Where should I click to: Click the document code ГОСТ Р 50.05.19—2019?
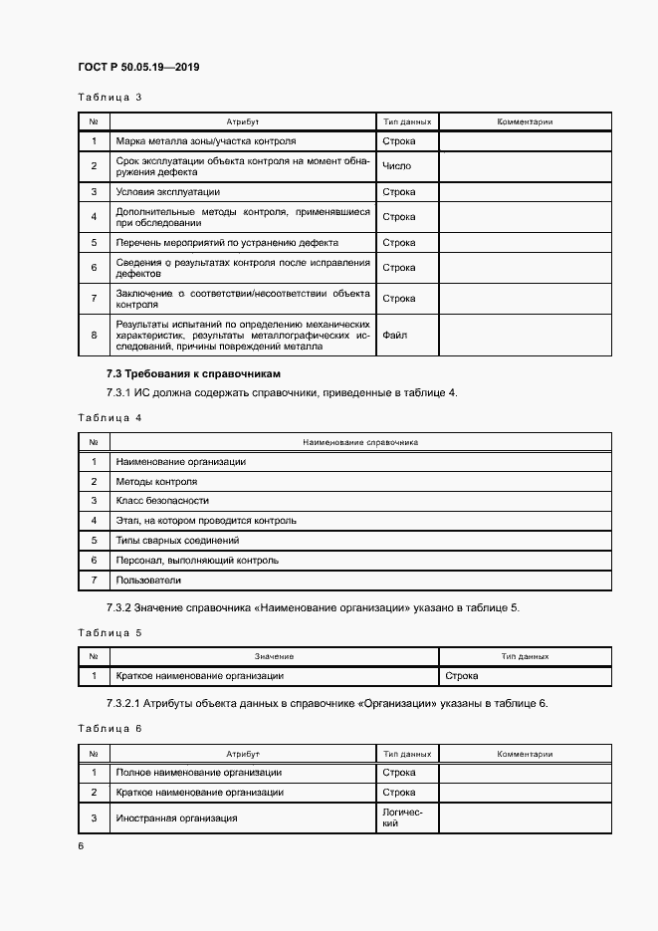click(140, 68)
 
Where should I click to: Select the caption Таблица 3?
click(110, 98)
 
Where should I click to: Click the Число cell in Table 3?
click(396, 166)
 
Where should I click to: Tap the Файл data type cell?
click(394, 336)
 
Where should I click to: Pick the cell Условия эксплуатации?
click(168, 191)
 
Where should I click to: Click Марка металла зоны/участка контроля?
click(206, 141)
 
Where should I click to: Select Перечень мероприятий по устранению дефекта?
click(227, 242)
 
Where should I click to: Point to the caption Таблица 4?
click(110, 418)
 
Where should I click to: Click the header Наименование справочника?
click(360, 442)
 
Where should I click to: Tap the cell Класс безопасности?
click(162, 501)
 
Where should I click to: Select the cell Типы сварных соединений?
click(177, 540)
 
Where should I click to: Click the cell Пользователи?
click(148, 580)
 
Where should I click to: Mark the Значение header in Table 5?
click(274, 656)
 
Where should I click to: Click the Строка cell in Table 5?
click(461, 676)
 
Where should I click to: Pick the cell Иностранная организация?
click(176, 817)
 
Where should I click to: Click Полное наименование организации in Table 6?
click(198, 773)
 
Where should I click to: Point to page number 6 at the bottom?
click(81, 845)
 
